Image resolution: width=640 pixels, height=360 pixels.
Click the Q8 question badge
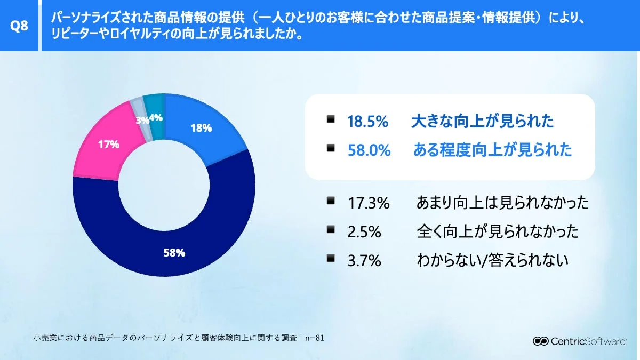(x=19, y=26)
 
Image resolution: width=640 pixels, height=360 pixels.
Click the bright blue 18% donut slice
(x=203, y=128)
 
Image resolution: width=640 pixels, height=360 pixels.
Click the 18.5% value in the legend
(x=367, y=122)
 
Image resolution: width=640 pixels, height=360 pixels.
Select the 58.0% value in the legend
(x=369, y=150)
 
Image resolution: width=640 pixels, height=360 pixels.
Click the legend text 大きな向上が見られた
(x=482, y=122)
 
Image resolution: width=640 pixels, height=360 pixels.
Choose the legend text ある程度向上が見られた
(x=492, y=150)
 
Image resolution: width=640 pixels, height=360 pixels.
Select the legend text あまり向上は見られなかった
(x=502, y=203)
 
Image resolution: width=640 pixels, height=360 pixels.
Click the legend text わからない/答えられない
(x=492, y=260)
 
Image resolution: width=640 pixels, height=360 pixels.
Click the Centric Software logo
(x=580, y=341)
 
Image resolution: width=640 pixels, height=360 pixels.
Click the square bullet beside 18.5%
(x=331, y=120)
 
